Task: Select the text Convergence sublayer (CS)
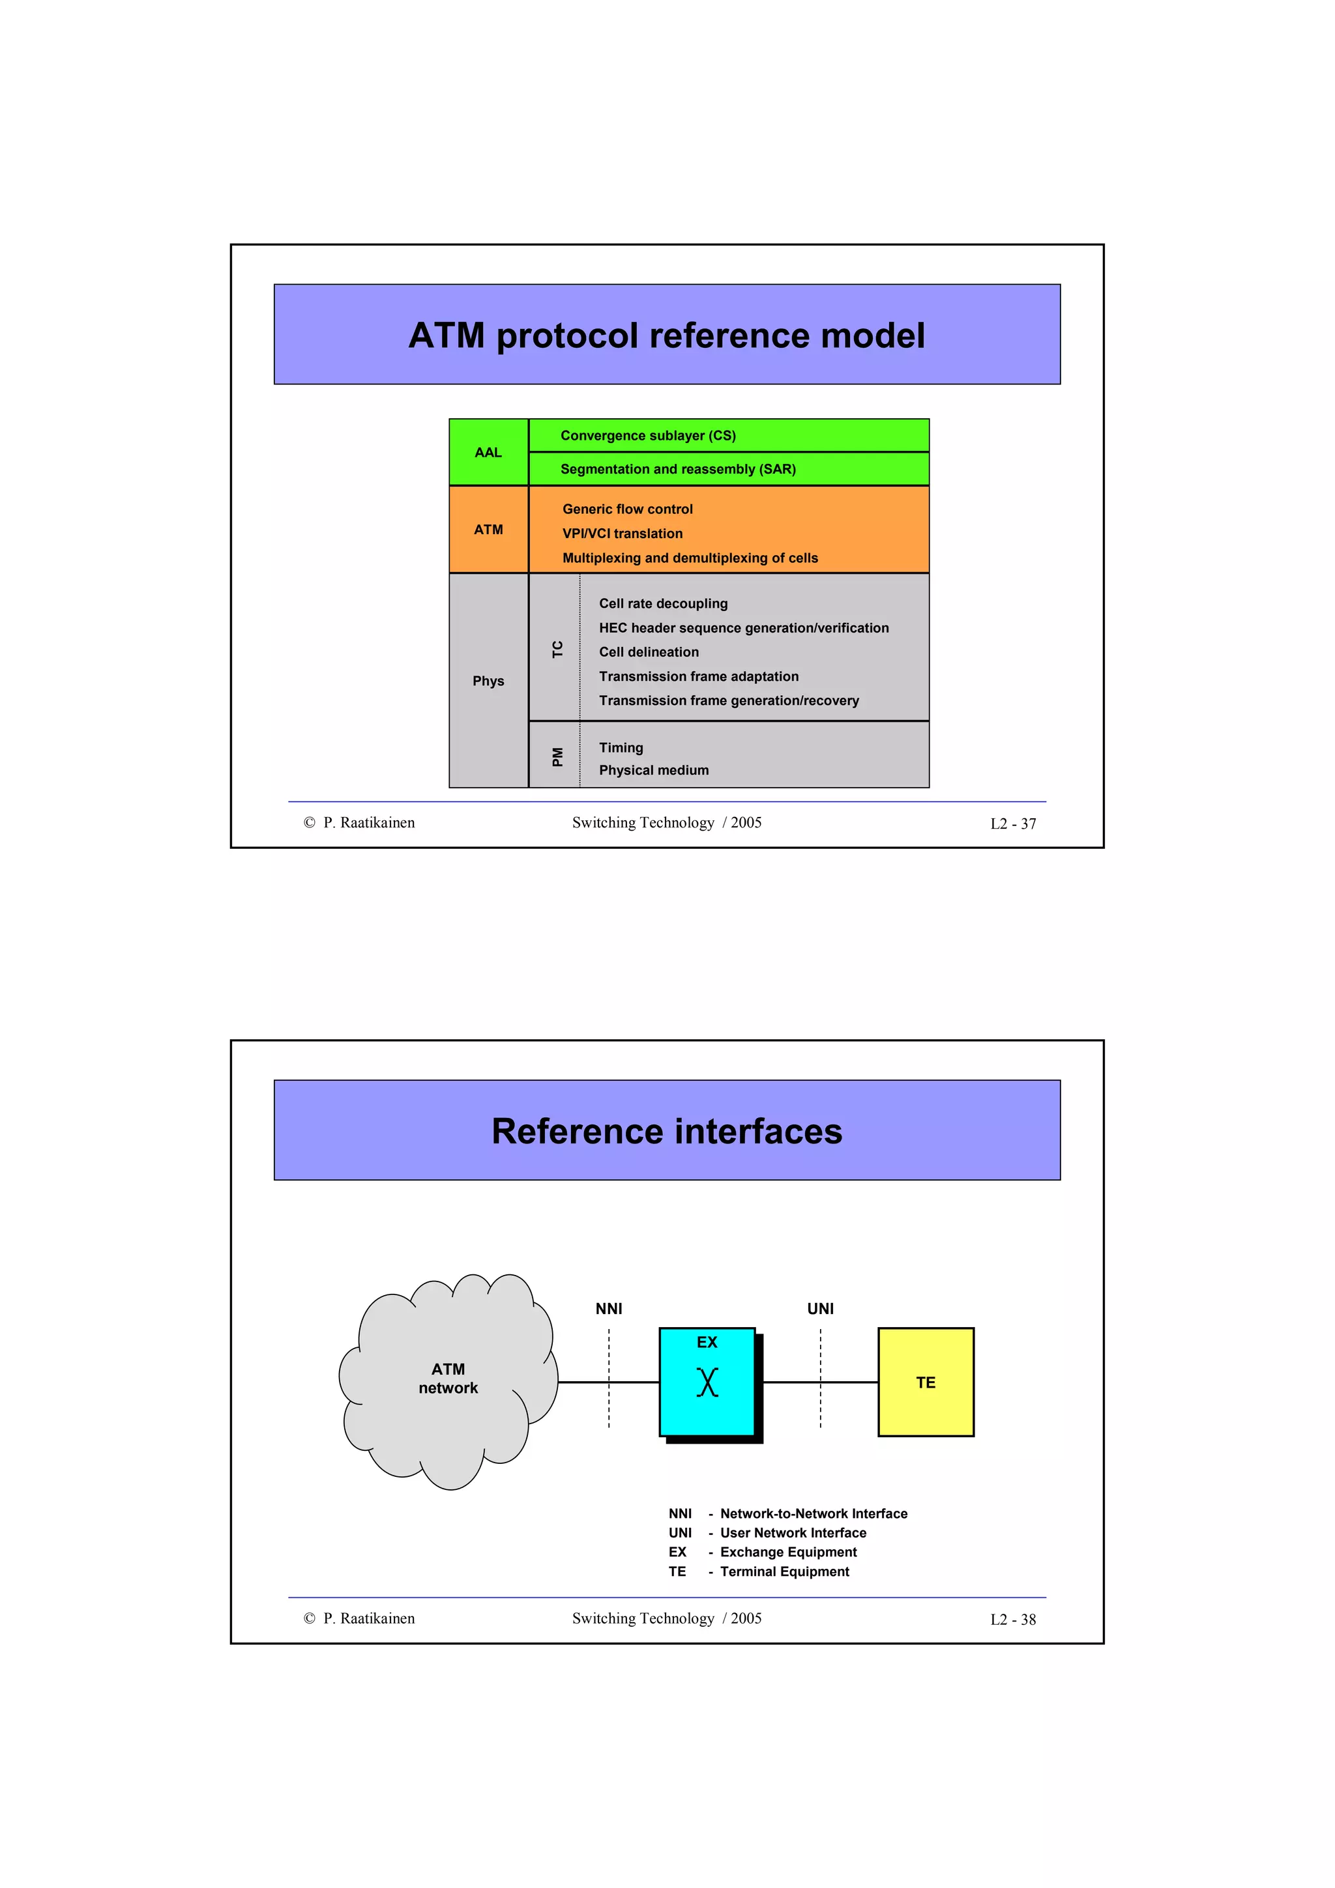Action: pyautogui.click(x=647, y=436)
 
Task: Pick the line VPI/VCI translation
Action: pyautogui.click(x=622, y=534)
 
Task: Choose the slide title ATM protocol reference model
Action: pyautogui.click(x=666, y=336)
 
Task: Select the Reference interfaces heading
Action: pyautogui.click(x=666, y=1132)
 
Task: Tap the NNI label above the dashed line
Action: pyautogui.click(x=609, y=1308)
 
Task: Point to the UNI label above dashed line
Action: pyautogui.click(x=820, y=1308)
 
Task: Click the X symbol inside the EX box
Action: pyautogui.click(x=707, y=1382)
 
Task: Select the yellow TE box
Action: pyautogui.click(x=926, y=1382)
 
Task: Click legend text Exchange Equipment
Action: pyautogui.click(x=788, y=1552)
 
